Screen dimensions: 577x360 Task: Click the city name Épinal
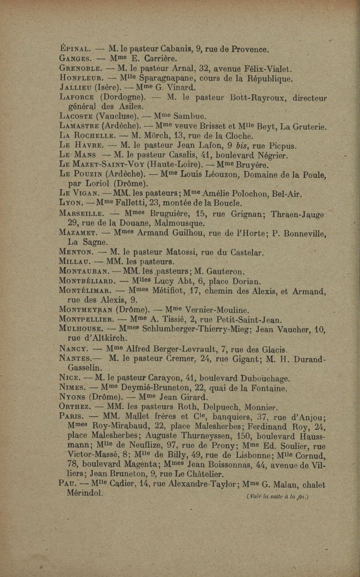point(72,50)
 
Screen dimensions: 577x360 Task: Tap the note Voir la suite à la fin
point(276,496)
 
